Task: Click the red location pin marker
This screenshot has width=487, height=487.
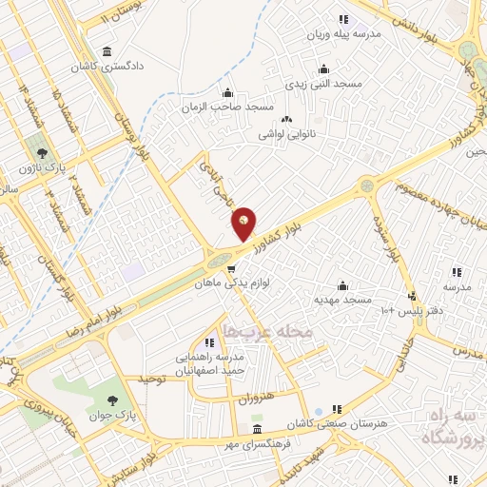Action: click(244, 223)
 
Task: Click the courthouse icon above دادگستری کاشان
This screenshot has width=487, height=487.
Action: click(106, 50)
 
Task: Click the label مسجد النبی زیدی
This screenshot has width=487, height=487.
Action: click(327, 84)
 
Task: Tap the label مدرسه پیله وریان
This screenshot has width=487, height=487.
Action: click(342, 35)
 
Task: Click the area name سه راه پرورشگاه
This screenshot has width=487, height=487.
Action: click(448, 427)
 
